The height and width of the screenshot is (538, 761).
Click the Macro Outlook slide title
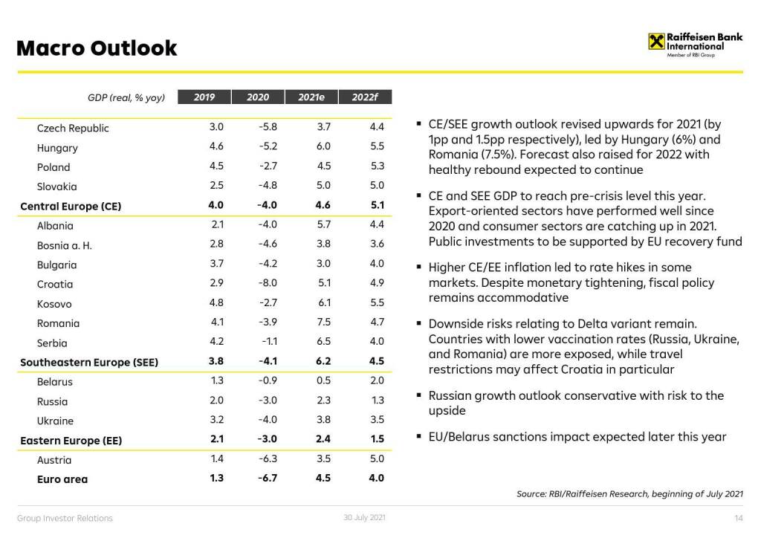97,48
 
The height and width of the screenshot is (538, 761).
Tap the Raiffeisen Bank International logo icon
656,42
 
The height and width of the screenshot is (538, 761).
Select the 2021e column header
311,97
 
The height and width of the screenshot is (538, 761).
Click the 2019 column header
204,97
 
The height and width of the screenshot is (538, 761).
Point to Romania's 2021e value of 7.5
323,323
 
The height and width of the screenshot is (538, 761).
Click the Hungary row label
57,148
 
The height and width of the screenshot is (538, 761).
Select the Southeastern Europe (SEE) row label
89,363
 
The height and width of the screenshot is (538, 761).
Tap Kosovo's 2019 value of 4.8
216,303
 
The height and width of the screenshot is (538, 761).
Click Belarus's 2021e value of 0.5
323,381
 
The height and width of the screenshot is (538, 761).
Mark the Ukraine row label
55,421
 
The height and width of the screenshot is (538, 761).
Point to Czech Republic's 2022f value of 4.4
377,128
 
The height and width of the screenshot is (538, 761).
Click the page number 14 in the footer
738,518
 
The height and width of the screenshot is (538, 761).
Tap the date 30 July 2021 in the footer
364,518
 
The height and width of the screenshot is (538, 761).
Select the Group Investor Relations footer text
65,518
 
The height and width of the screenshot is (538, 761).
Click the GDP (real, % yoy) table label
126,97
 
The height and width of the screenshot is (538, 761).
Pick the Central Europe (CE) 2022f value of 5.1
377,206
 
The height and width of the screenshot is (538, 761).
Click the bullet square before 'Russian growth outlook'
420,396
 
